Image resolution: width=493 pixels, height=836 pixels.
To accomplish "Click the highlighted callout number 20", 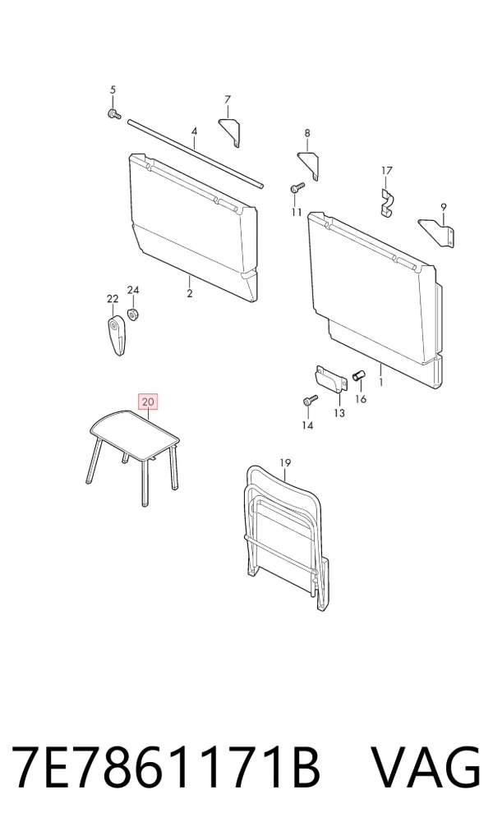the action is click(x=148, y=402).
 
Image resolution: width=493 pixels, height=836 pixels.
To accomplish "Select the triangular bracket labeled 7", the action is click(x=230, y=132).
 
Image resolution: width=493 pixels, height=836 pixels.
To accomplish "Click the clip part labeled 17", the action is click(x=387, y=200).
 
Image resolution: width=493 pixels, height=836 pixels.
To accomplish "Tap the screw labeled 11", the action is click(x=297, y=188).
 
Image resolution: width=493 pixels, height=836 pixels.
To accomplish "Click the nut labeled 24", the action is click(x=133, y=314).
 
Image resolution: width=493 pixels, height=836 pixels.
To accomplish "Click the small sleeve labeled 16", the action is click(x=358, y=376).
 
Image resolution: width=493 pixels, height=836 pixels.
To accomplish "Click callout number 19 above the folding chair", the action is click(x=285, y=463).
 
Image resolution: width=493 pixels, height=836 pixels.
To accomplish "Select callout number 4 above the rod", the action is click(x=194, y=131).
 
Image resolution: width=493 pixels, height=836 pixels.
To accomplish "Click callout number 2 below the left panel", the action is click(x=190, y=292).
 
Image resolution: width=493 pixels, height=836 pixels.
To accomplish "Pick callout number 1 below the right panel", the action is click(x=381, y=383).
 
